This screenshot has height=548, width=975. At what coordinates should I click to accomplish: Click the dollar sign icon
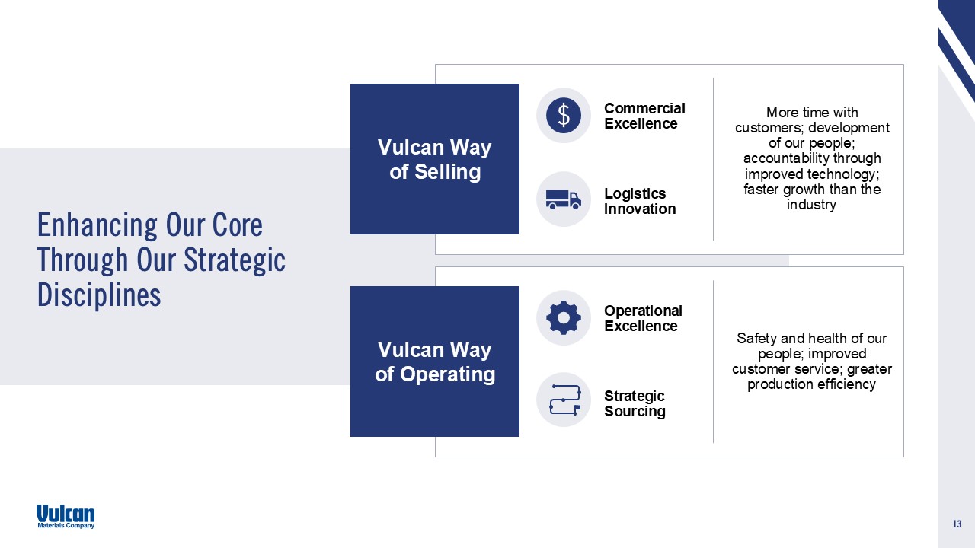pos(564,115)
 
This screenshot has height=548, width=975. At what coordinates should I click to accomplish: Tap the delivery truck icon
pos(564,199)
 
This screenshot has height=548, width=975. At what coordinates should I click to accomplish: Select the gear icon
pos(564,318)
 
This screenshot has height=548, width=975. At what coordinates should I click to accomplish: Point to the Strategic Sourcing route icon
pos(565,400)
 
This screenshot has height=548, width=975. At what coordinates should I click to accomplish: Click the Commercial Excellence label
pos(644,116)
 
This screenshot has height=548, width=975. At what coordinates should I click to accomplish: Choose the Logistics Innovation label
pos(640,201)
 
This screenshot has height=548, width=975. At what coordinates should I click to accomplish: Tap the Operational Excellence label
pos(643,318)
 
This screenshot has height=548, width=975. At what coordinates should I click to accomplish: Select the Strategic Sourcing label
pos(635,403)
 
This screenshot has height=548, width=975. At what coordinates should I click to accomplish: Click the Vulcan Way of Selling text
pos(435,159)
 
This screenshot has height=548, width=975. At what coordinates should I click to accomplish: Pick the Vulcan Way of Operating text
pos(435,362)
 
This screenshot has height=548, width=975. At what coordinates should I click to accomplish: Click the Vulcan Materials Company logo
pos(66,517)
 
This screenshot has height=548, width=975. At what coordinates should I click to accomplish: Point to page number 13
pos(957,524)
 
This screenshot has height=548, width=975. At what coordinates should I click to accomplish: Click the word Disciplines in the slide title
pos(99,295)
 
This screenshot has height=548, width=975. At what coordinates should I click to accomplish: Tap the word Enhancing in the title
pos(97,226)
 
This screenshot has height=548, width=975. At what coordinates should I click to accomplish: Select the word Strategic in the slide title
pos(235,260)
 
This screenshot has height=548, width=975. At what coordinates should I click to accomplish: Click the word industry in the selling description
pos(811,205)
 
